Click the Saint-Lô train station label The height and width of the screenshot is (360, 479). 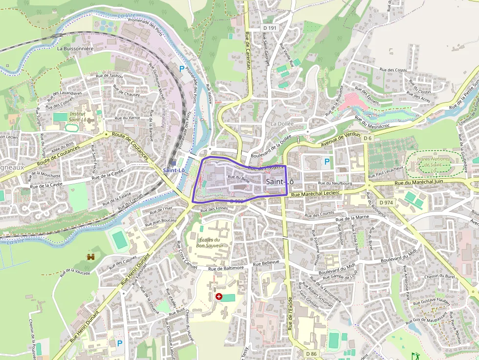[174, 170]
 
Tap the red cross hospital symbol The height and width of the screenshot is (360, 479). [218, 296]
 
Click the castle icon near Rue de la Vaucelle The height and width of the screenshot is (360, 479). [90, 256]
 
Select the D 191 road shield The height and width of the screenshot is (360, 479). [269, 28]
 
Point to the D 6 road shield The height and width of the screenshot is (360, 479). [368, 139]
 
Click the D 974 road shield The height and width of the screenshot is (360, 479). [386, 202]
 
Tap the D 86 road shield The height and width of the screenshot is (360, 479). [311, 353]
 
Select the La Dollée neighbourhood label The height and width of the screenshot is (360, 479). [282, 124]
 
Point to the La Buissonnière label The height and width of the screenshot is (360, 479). [75, 49]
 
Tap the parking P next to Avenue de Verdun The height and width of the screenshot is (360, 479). [327, 161]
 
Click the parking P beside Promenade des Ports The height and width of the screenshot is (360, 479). [182, 69]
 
